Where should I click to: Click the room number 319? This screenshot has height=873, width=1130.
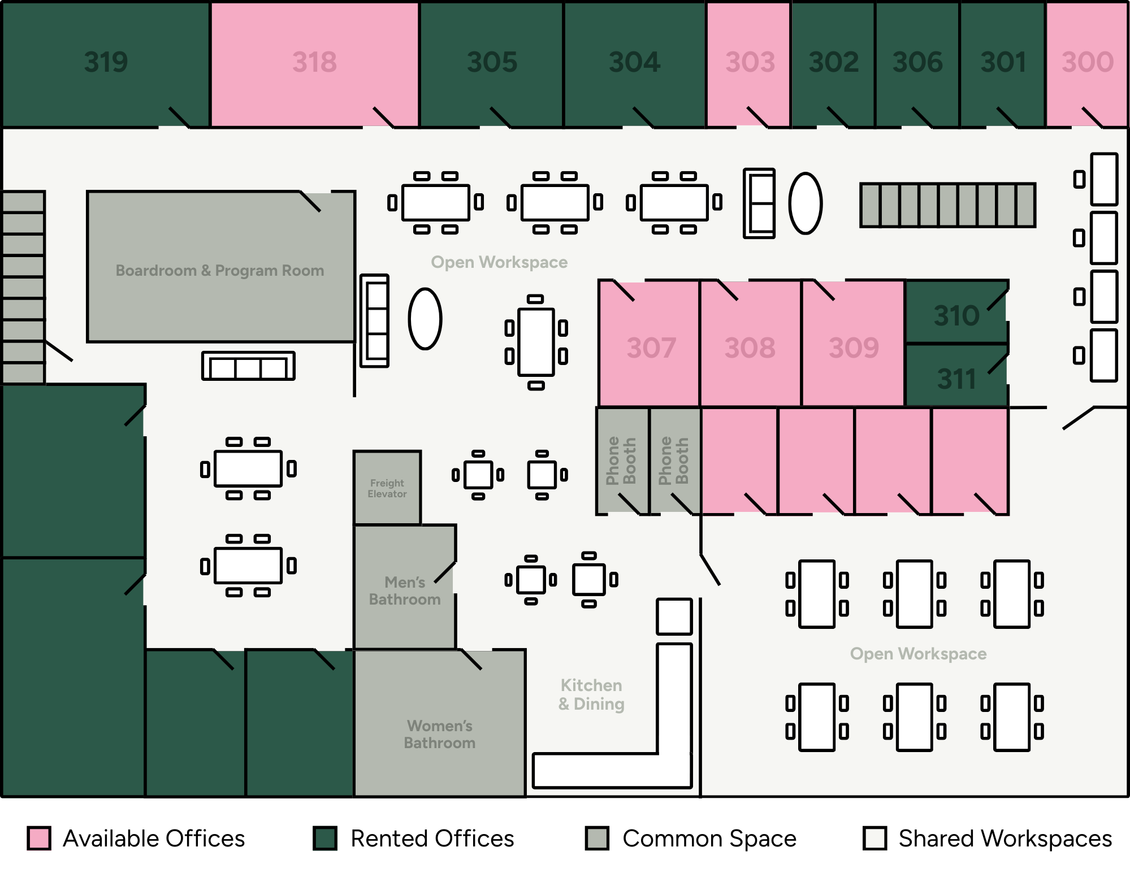106,62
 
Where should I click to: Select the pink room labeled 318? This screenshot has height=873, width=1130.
314,62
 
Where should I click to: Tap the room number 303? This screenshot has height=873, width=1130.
750,62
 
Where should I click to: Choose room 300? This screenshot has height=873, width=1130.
1087,62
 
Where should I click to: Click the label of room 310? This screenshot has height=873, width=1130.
956,315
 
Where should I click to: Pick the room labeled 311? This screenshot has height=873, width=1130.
956,379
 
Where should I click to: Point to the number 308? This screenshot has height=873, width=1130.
750,348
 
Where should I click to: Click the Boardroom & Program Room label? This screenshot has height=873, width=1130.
220,271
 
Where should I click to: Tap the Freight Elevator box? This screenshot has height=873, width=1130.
387,488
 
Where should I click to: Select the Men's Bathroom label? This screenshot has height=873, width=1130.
405,590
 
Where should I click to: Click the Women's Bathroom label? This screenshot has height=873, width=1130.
440,734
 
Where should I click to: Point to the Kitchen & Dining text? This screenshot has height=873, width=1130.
591,694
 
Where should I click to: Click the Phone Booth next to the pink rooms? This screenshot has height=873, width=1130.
674,461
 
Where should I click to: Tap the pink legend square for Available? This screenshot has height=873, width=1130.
40,838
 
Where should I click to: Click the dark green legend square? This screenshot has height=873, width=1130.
325,838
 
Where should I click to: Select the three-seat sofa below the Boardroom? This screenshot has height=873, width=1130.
249,366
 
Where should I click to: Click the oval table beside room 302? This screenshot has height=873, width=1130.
805,203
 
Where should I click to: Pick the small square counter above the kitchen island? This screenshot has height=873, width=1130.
674,616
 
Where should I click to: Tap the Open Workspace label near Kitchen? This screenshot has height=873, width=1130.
918,654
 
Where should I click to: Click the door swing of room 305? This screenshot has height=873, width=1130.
500,117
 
